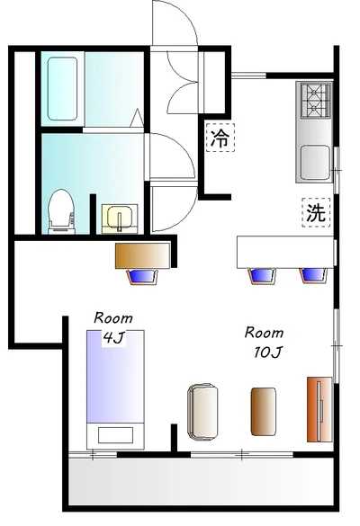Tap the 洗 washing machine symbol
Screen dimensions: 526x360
coord(315,213)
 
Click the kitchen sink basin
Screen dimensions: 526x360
coord(315,162)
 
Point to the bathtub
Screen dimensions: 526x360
coord(62,88)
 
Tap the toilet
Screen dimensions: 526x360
coord(60,210)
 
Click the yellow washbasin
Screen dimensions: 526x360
coord(117,217)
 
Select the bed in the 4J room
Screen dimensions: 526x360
coord(114,387)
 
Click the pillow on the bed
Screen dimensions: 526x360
coord(114,435)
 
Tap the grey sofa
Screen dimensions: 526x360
coord(204,411)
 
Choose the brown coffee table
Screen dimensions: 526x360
coord(263,410)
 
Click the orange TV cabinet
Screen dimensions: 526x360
coord(319,410)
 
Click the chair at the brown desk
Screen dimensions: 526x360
coord(144,275)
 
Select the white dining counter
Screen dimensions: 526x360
coord(283,251)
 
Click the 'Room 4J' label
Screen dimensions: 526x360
coord(113,327)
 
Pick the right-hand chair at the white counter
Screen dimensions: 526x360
coord(312,274)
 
